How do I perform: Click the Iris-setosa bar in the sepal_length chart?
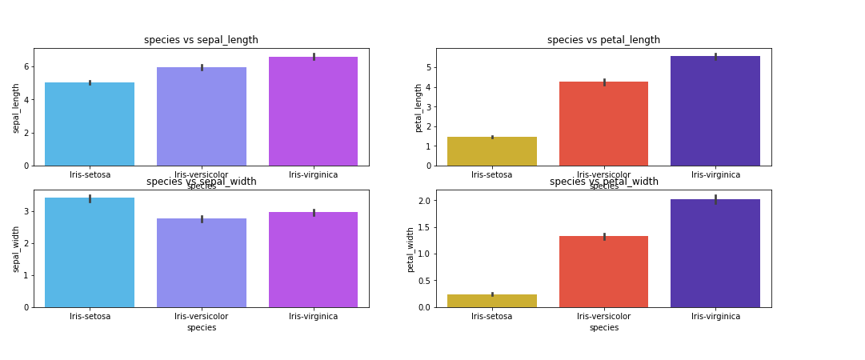(90, 124)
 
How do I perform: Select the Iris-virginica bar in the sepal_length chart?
(313, 111)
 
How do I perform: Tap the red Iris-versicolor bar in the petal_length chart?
(603, 124)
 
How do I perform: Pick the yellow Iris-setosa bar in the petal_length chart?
(492, 151)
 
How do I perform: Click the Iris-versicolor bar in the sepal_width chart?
(202, 262)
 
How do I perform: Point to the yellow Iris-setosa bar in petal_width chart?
(492, 301)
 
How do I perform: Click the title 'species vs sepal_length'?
(201, 40)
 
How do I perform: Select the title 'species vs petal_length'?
(603, 40)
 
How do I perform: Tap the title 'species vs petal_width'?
(604, 182)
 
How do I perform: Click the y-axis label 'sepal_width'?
(16, 249)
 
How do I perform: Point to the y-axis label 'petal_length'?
(418, 107)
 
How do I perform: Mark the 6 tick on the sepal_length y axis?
(26, 66)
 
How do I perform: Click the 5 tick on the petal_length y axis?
(428, 68)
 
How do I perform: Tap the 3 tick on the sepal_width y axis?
(26, 211)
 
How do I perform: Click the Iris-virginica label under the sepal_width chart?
(313, 316)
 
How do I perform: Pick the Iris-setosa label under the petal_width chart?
(492, 316)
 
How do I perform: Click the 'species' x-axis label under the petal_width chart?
(604, 327)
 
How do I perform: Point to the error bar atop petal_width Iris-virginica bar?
(715, 198)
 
